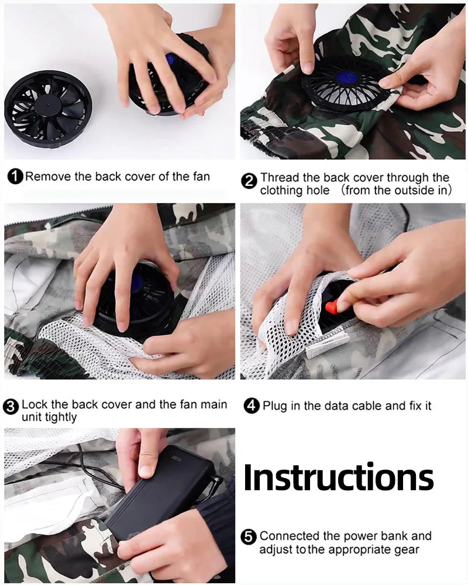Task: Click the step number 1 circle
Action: pyautogui.click(x=16, y=176)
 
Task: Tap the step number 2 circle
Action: pyautogui.click(x=249, y=181)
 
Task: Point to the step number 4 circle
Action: pyautogui.click(x=252, y=405)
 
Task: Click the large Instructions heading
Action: pyautogui.click(x=338, y=478)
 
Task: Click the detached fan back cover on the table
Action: pyautogui.click(x=48, y=106)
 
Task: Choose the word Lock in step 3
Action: pyautogui.click(x=34, y=404)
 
